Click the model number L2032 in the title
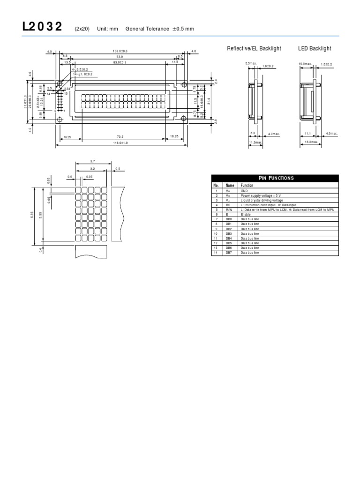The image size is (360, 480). point(42,27)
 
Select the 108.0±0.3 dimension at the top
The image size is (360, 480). point(120,51)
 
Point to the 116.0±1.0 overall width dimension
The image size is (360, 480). point(120,142)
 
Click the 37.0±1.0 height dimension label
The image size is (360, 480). point(25,102)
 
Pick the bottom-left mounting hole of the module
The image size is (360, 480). point(60,120)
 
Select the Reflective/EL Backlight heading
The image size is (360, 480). point(254,49)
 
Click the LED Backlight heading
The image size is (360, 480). point(315,49)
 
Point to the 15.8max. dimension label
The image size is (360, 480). point(312,142)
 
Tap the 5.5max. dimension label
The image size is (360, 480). point(251,63)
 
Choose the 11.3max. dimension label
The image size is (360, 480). point(255,142)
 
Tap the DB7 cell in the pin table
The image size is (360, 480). point(229,253)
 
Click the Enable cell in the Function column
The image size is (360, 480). point(246,214)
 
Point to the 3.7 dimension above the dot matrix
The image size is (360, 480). point(93,161)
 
